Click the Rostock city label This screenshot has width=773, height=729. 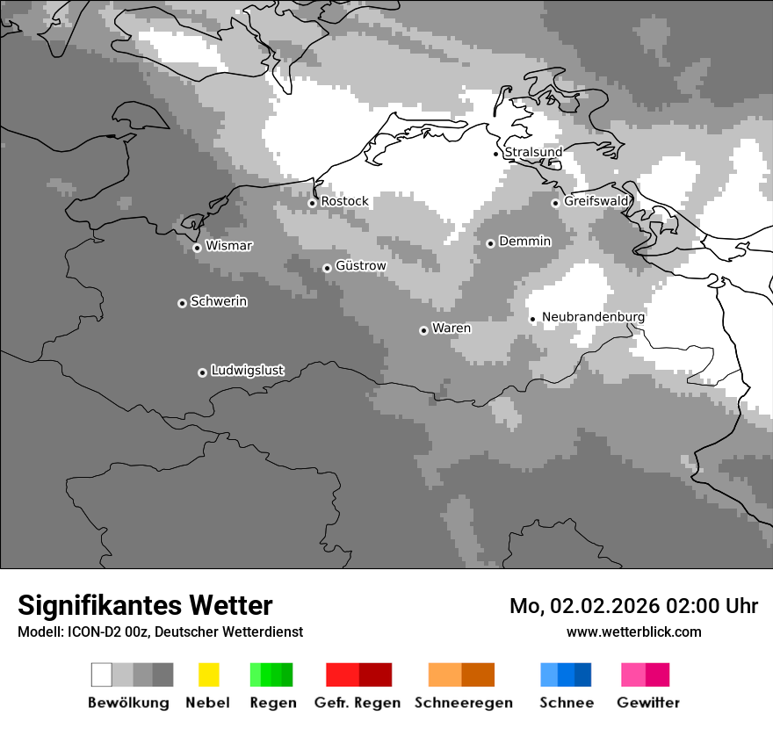(x=344, y=201)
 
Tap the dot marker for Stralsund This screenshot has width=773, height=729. (x=496, y=154)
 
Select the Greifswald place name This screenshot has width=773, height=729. (x=596, y=201)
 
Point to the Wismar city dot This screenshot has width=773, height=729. (x=197, y=248)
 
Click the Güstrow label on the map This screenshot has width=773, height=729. (x=360, y=265)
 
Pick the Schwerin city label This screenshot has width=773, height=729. (x=219, y=301)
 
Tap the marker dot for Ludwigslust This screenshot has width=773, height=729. (x=202, y=372)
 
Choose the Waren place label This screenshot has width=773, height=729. (x=452, y=328)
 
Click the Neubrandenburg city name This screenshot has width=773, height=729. (x=593, y=317)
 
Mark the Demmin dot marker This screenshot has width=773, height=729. (x=490, y=243)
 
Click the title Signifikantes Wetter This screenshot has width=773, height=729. (x=145, y=605)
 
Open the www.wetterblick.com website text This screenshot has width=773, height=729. (x=633, y=632)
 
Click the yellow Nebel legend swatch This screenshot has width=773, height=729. (x=208, y=675)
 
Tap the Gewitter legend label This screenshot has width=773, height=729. (x=648, y=703)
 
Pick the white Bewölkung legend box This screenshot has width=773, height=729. (x=101, y=675)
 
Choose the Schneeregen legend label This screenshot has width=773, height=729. (x=463, y=703)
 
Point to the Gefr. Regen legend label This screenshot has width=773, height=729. (x=358, y=703)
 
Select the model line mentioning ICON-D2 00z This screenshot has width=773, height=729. (x=160, y=632)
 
